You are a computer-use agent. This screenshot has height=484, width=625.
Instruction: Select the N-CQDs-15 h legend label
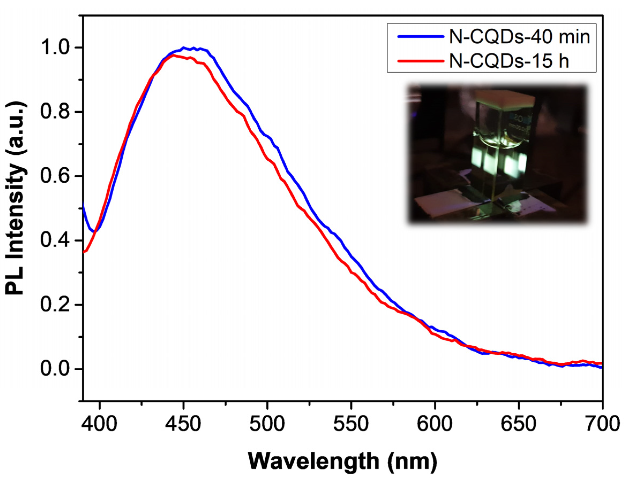[x=509, y=61]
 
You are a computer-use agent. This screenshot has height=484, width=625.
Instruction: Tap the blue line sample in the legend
[x=420, y=37]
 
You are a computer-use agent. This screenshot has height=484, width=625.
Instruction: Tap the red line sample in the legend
[x=420, y=61]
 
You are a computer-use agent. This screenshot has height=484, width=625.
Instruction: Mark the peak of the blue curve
[x=184, y=47]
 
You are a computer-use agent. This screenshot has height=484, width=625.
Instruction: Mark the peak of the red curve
[x=173, y=55]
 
